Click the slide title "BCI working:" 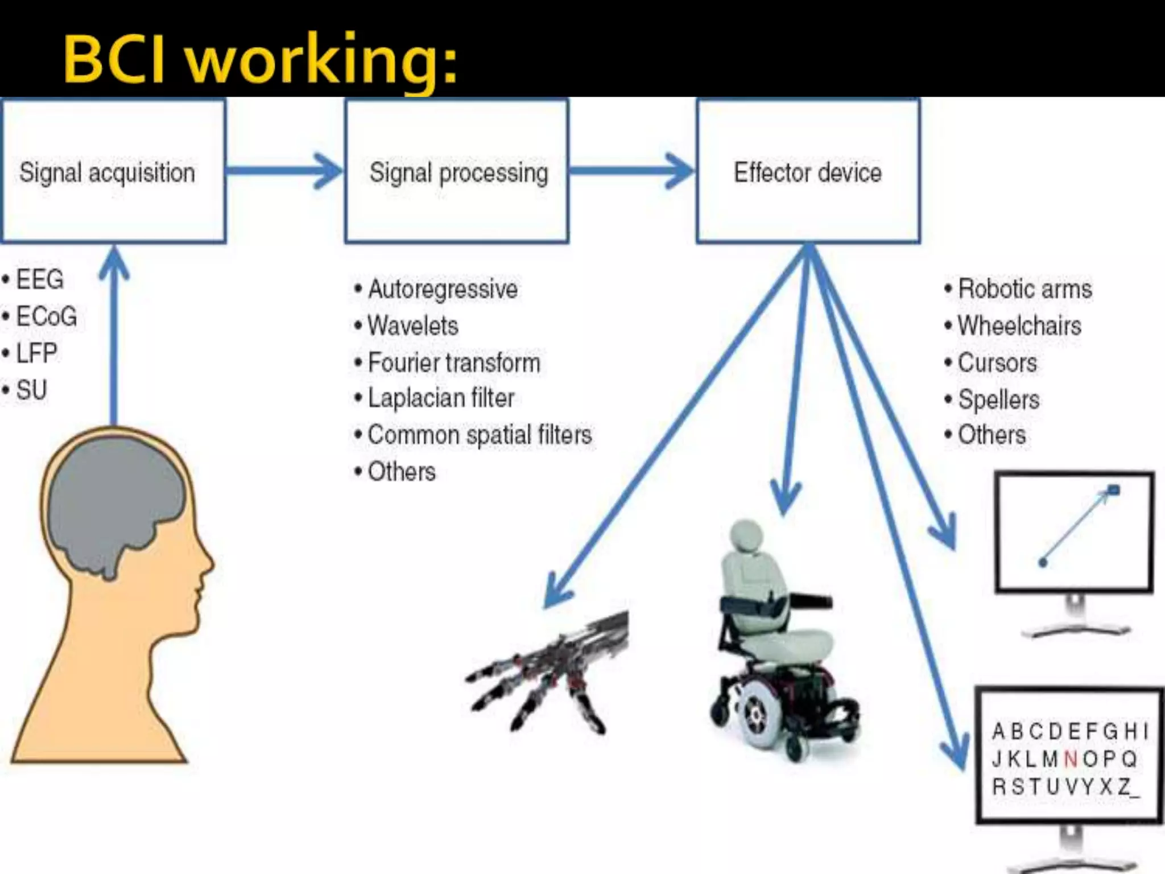(x=260, y=60)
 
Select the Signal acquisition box (x=114, y=171)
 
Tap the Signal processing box (x=457, y=171)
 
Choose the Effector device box (x=808, y=171)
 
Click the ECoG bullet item (x=46, y=316)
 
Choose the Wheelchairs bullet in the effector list (x=1019, y=326)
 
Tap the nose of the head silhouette (x=209, y=563)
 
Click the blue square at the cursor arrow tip (x=1114, y=489)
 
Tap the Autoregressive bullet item (x=442, y=289)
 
